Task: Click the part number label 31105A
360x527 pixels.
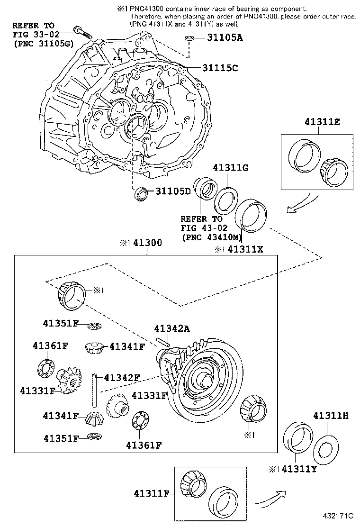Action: pyautogui.click(x=225, y=38)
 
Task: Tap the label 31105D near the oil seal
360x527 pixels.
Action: pyautogui.click(x=173, y=191)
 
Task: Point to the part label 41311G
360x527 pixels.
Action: pyautogui.click(x=231, y=168)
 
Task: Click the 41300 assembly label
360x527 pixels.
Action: pyautogui.click(x=147, y=243)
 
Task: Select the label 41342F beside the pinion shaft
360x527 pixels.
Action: pyautogui.click(x=122, y=378)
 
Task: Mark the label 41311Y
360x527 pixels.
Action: pyautogui.click(x=299, y=470)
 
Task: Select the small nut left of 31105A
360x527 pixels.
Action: pyautogui.click(x=188, y=38)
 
